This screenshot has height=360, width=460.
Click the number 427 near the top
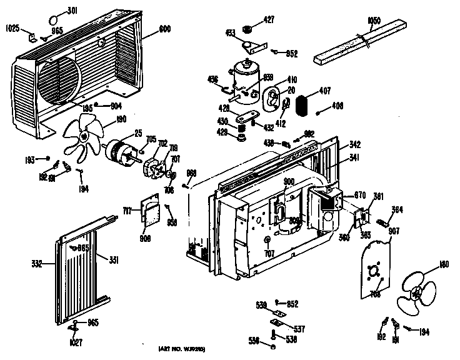click(269, 20)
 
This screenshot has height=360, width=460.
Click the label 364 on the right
click(397, 209)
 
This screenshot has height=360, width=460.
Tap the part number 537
click(300, 329)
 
